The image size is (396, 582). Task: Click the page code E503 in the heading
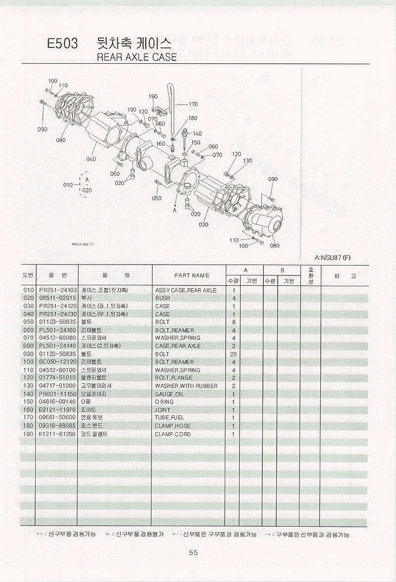click(62, 44)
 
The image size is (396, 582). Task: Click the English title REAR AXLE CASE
click(137, 57)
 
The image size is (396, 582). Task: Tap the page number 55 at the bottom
click(193, 552)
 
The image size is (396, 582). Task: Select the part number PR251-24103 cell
click(57, 290)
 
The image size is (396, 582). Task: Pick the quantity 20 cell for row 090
click(233, 354)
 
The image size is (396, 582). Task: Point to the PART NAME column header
click(192, 275)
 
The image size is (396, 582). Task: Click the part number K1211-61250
click(57, 434)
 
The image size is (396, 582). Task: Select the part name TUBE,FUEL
click(169, 418)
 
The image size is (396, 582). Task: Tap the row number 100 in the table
click(28, 362)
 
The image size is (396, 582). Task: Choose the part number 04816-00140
click(57, 402)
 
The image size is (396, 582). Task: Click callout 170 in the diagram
click(193, 104)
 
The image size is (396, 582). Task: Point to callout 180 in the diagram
click(193, 118)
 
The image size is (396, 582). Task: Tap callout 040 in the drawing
click(91, 159)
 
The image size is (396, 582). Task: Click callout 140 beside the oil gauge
click(197, 134)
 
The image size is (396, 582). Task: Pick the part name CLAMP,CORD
click(172, 434)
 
